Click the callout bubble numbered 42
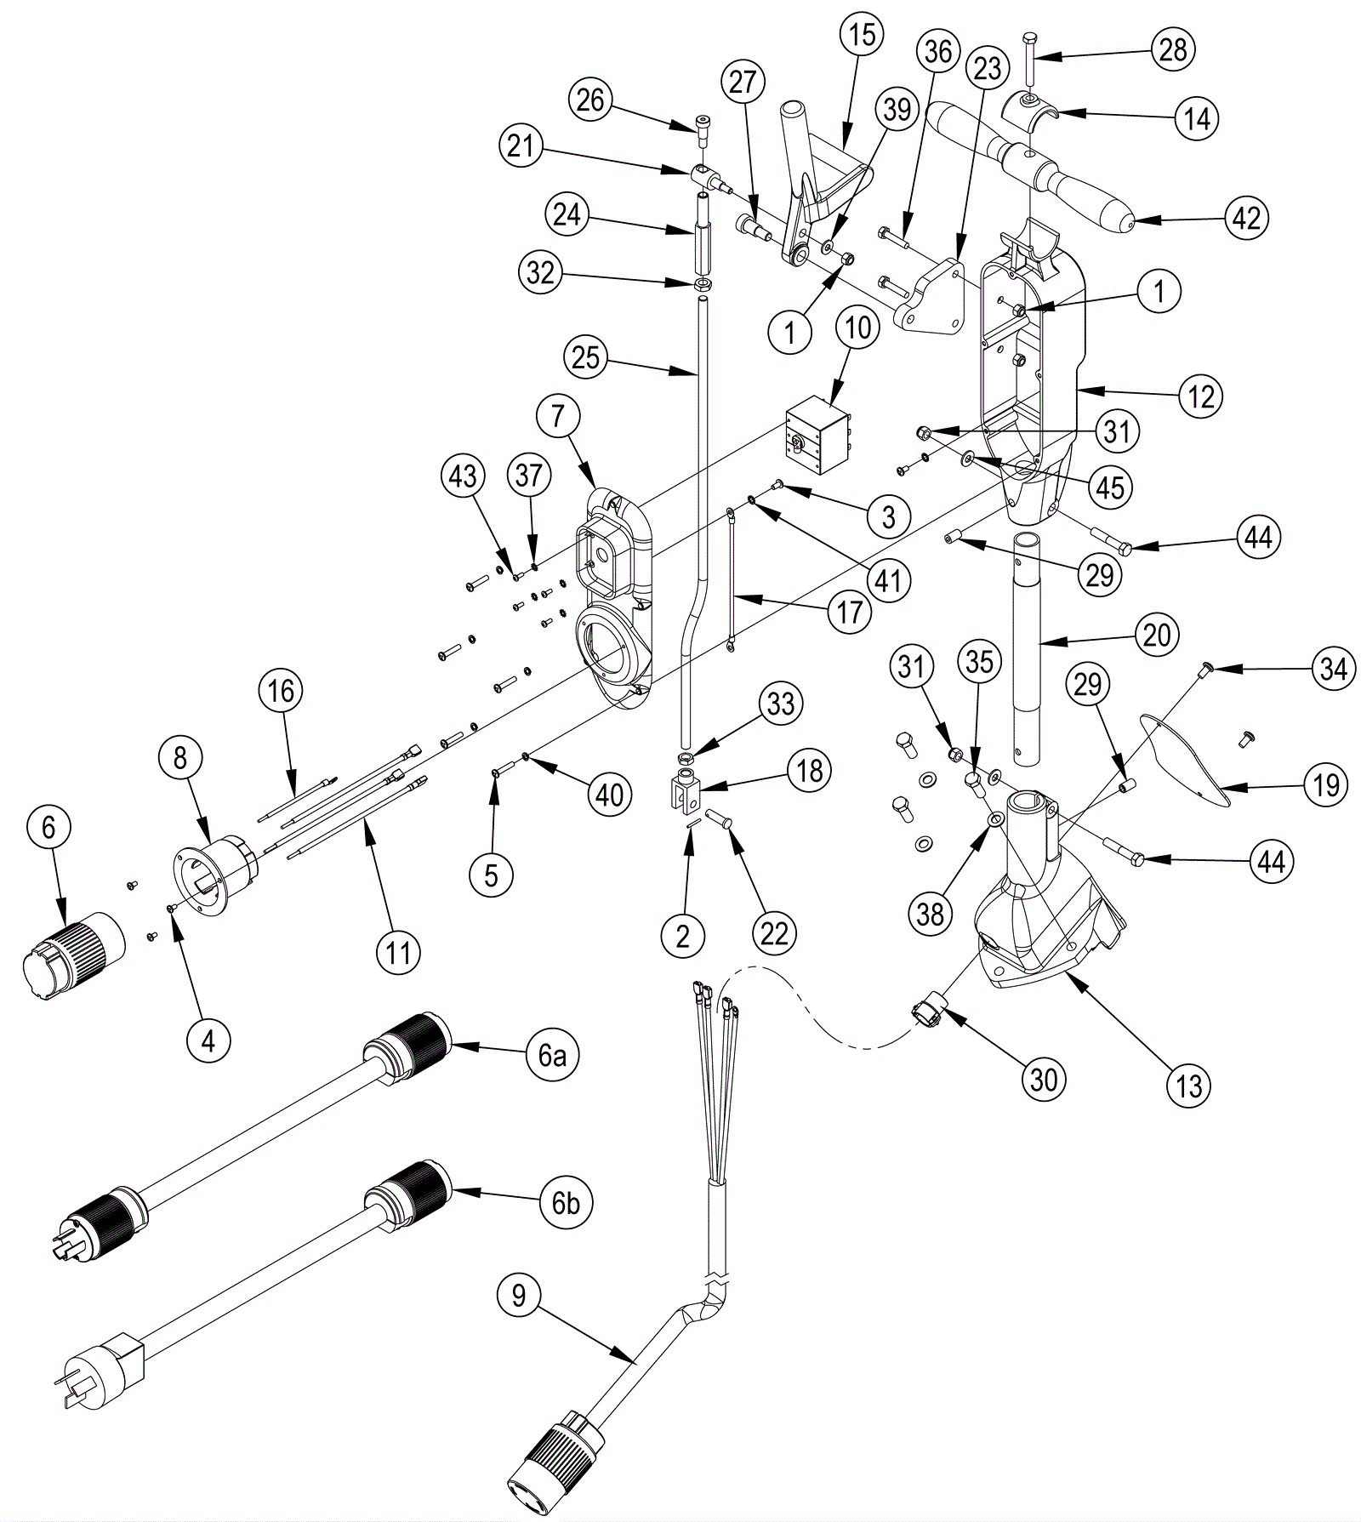[1246, 219]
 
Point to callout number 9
[519, 1295]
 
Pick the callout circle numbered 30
[1044, 1079]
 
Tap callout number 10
[857, 327]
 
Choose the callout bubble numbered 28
[1173, 49]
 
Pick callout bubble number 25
[586, 357]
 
